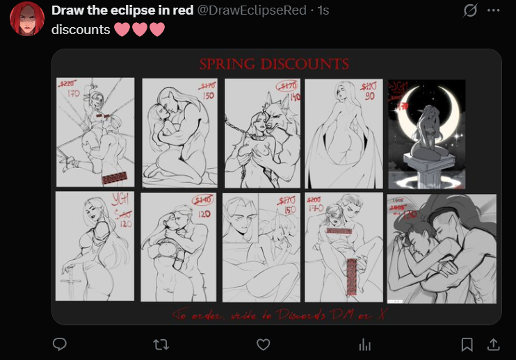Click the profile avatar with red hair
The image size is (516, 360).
point(27,19)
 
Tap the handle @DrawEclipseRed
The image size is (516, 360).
point(252,11)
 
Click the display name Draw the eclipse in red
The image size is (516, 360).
point(122,11)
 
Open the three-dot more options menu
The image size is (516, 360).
point(493,10)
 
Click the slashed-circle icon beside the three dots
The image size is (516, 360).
point(470,10)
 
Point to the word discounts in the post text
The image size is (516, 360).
point(81,30)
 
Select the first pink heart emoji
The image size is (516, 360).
point(122,31)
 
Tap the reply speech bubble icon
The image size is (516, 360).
point(61,344)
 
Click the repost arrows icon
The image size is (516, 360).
point(161,344)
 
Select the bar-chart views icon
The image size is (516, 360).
point(364,344)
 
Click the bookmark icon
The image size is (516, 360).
point(467,344)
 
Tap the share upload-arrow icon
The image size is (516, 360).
point(492,344)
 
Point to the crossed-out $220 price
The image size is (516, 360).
point(67,83)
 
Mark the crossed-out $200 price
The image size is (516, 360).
point(314,199)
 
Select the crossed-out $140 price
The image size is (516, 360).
point(204,200)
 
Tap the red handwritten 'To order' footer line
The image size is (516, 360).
point(275,315)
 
